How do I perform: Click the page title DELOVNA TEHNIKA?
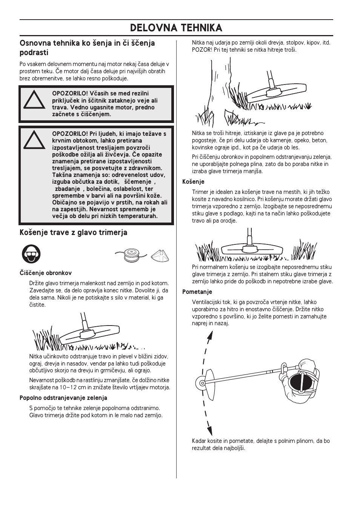coord(176,28)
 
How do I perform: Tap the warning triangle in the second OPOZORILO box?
coord(34,140)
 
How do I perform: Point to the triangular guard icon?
coord(160,256)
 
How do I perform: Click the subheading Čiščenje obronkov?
coord(45,273)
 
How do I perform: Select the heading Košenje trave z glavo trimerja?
coord(73,233)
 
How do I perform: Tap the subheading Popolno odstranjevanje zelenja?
coord(63,398)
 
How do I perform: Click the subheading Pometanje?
coord(197,292)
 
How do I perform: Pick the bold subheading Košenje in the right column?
coord(193,182)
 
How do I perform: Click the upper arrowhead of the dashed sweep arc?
coord(210,336)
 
